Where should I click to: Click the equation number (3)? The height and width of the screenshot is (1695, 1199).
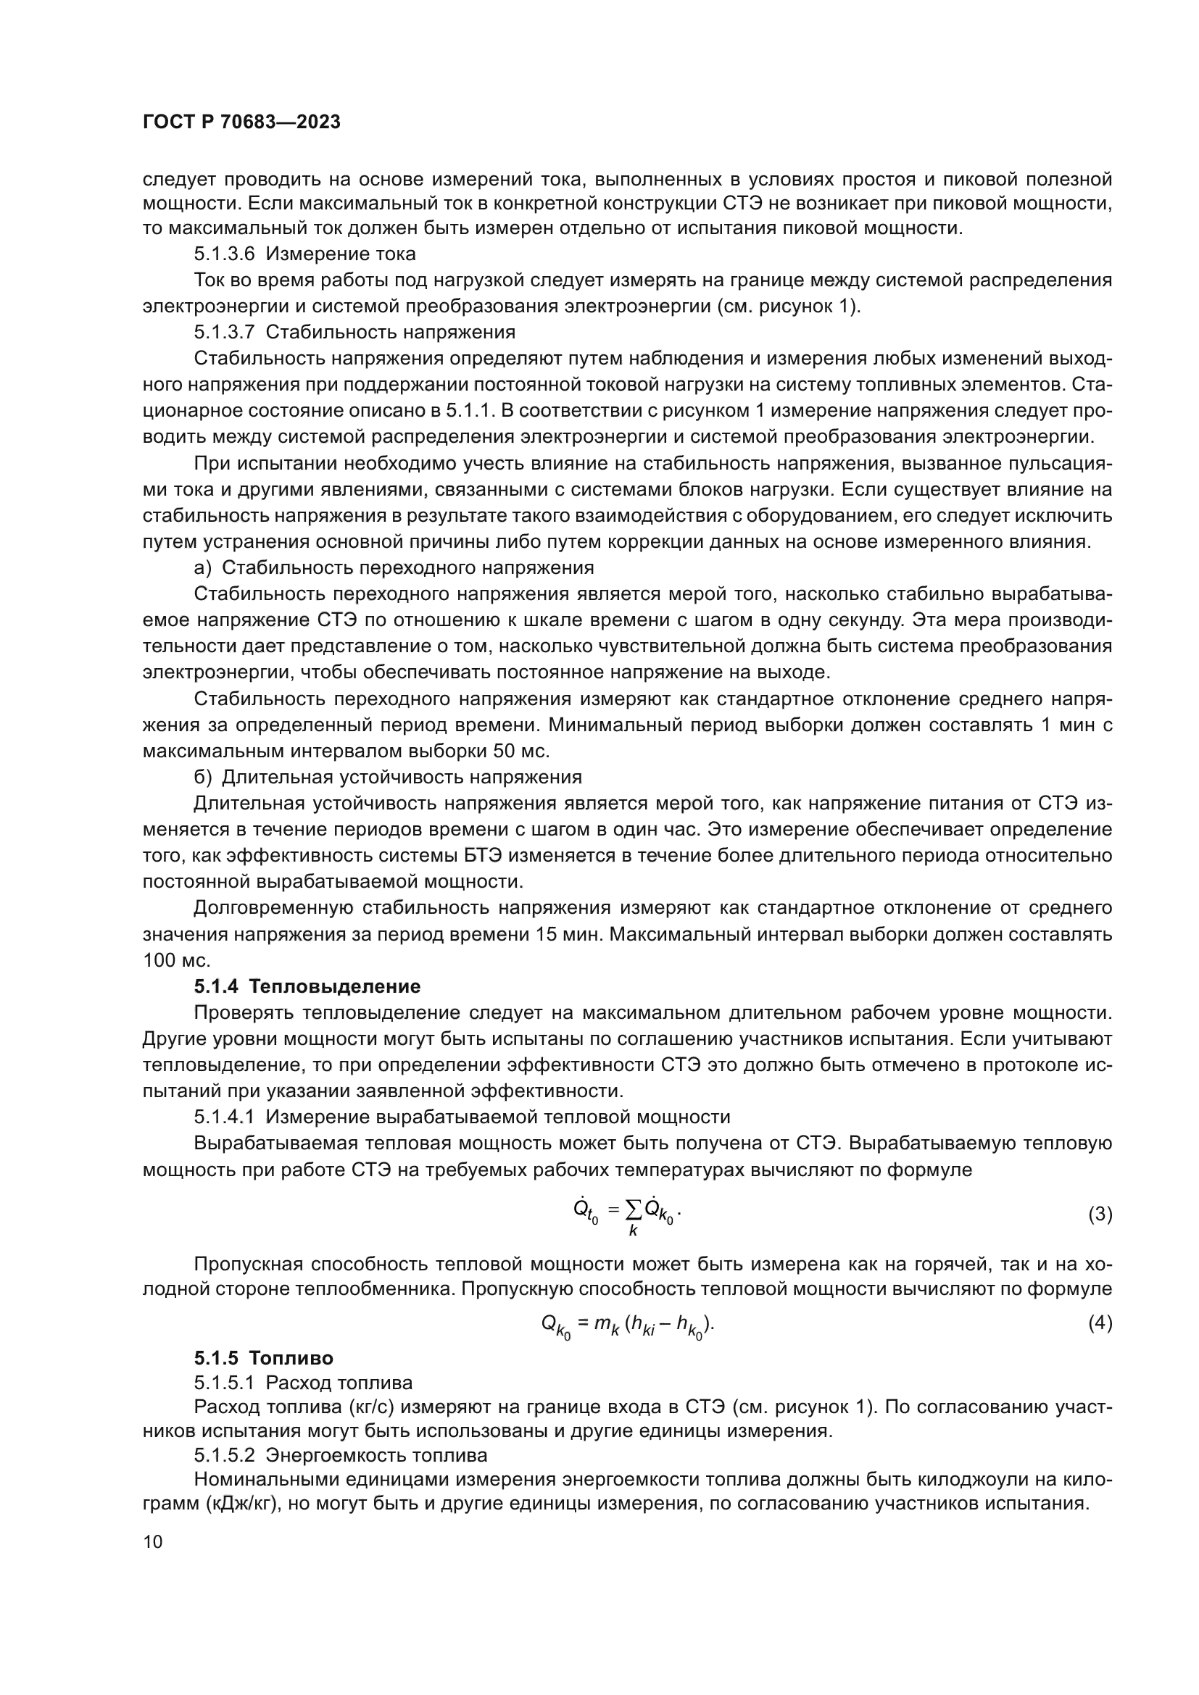point(1100,1214)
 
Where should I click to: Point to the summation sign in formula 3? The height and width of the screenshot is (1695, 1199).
point(633,1209)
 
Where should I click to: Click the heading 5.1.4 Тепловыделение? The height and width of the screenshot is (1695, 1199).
point(307,986)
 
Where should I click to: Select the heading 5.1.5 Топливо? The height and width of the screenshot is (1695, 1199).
point(264,1358)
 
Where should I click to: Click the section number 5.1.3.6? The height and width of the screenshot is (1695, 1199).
point(225,254)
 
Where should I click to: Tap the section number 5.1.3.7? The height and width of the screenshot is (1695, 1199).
point(225,332)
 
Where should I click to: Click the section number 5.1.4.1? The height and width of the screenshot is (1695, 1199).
point(225,1117)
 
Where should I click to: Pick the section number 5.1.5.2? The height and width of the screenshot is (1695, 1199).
point(225,1456)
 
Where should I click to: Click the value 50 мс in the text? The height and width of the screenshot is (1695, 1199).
point(520,751)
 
